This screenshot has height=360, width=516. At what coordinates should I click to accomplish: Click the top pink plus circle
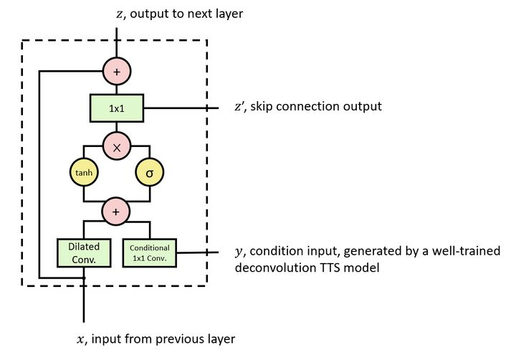[117, 71]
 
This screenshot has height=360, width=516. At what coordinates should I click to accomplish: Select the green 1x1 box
[117, 108]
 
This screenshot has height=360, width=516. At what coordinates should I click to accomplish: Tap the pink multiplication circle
[117, 146]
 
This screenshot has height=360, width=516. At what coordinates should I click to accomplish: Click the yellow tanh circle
[84, 172]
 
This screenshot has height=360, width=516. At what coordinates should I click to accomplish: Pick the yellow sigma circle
[150, 172]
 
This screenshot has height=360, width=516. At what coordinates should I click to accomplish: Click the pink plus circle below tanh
[117, 212]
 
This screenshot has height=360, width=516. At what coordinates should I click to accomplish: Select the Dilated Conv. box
[84, 251]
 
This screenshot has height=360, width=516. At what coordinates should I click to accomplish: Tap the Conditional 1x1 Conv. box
[150, 251]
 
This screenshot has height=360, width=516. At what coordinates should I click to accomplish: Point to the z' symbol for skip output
[239, 107]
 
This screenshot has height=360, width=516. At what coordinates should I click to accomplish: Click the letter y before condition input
[239, 252]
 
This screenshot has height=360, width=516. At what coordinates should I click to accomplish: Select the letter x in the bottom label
[81, 338]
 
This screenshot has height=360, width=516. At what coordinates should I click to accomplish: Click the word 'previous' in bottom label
[181, 338]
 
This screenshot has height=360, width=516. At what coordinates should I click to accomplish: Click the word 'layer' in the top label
[229, 14]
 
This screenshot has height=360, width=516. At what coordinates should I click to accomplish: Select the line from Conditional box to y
[197, 252]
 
